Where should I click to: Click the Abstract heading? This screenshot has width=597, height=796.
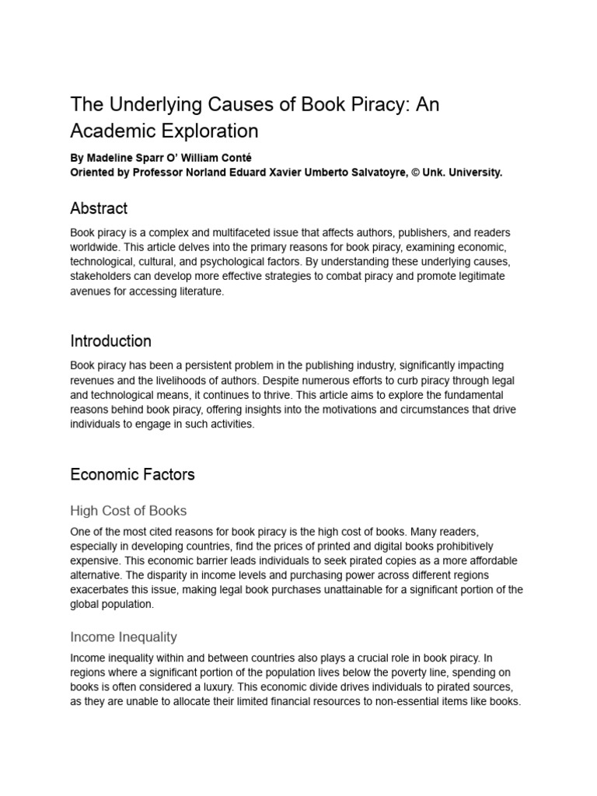click(99, 208)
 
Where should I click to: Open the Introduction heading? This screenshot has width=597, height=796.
click(110, 341)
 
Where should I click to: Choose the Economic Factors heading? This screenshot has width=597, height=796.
click(132, 474)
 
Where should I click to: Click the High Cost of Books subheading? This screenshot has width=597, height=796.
click(128, 511)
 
